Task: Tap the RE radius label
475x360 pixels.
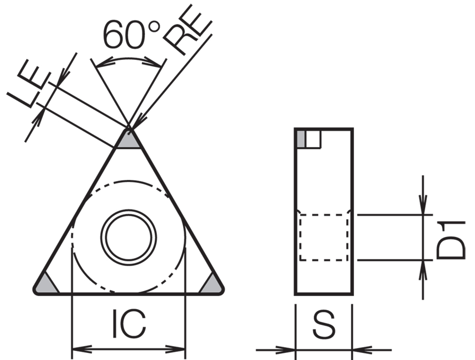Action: [188, 30]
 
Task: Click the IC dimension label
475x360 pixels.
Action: [129, 324]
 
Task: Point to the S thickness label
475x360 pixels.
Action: [324, 324]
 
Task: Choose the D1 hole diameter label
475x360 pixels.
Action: [451, 240]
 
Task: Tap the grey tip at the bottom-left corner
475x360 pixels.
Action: [46, 284]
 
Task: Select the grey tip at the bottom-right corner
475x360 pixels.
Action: [212, 284]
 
